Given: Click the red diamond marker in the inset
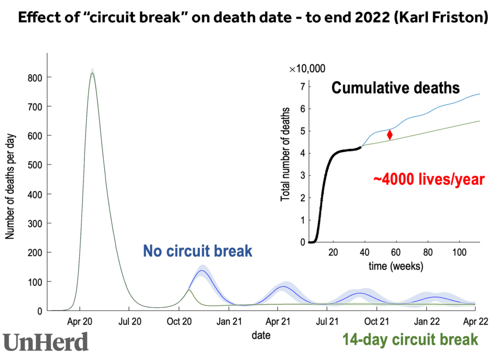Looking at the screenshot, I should (390, 134).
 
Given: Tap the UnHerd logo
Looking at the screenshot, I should (46, 342).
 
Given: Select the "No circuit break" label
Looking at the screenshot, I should (198, 251).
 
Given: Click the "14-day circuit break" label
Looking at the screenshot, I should (410, 340).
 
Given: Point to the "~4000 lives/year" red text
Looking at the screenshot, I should (429, 180).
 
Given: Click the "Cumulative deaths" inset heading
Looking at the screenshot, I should (396, 89).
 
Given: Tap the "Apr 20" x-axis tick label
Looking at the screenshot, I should (80, 321).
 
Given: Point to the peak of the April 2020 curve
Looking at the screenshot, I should (92, 74).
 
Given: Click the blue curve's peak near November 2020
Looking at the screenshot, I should (202, 270).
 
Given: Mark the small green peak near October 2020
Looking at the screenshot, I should (189, 290).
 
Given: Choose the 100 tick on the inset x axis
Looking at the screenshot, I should (459, 251).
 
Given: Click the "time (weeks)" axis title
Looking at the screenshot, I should (396, 267).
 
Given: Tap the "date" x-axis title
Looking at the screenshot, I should (261, 336).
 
